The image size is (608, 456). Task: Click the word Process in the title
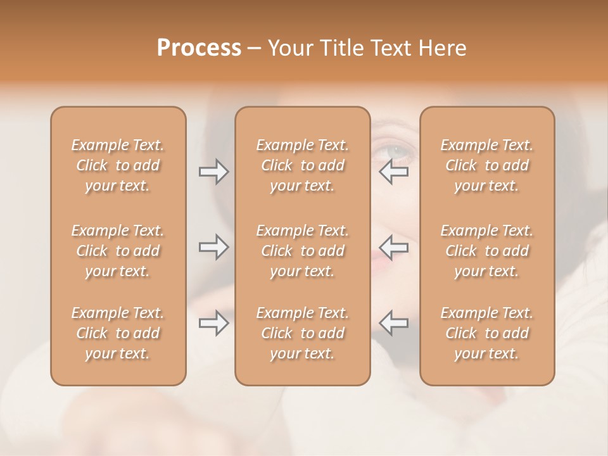(199, 48)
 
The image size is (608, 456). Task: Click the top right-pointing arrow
(214, 172)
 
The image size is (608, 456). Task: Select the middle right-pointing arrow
(214, 247)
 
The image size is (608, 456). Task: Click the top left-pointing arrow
(394, 172)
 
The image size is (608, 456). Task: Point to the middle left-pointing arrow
(394, 247)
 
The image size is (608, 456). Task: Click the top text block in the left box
(118, 165)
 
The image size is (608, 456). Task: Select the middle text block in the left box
(118, 251)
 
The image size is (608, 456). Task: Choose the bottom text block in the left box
(118, 333)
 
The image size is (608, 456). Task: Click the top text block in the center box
(303, 165)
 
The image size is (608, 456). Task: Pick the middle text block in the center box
(303, 251)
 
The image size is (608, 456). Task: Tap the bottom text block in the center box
(303, 333)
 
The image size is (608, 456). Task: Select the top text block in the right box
(487, 165)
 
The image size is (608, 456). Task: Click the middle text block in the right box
(487, 251)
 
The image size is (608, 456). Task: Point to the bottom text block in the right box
(487, 333)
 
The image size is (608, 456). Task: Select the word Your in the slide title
(288, 48)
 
